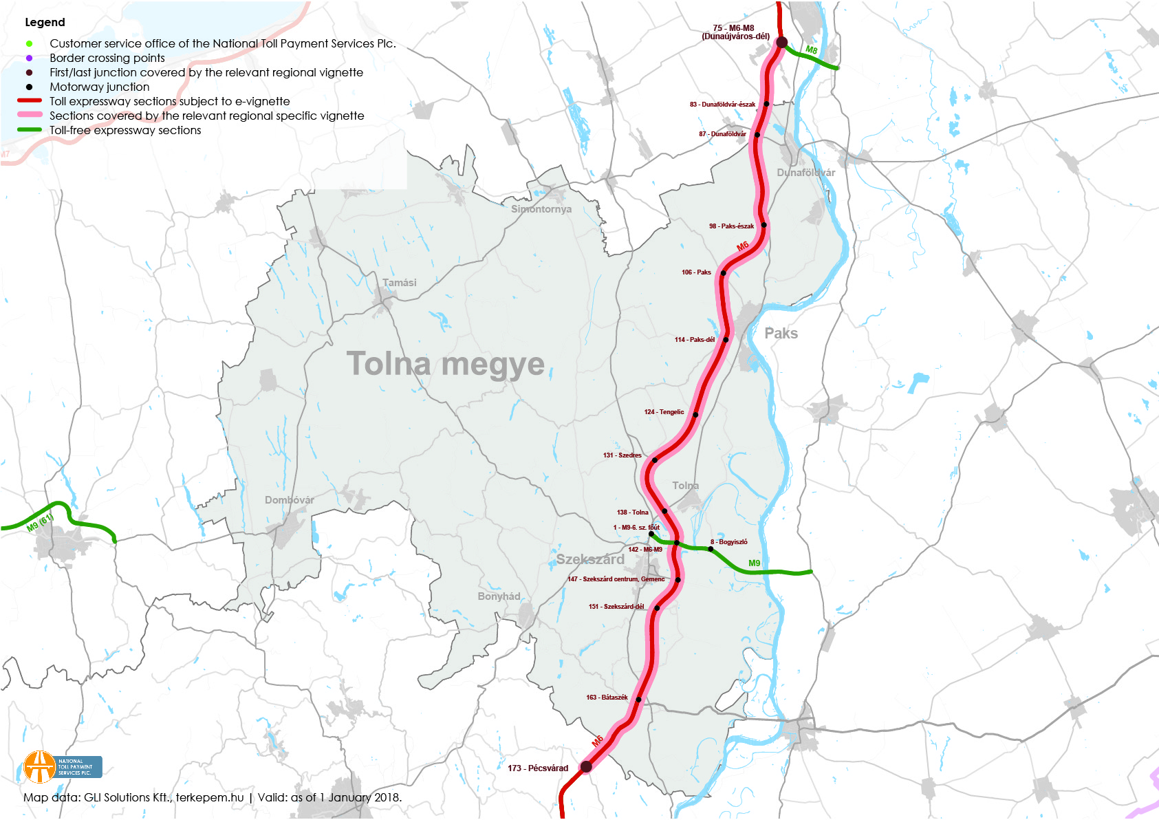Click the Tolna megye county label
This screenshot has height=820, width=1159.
[x=445, y=364]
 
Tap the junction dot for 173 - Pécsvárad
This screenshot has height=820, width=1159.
[x=586, y=766]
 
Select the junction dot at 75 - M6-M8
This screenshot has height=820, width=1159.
[x=781, y=43]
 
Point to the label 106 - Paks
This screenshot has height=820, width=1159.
[x=696, y=272]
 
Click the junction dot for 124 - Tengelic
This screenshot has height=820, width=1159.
[x=695, y=415]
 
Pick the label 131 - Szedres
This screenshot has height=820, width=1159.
[x=622, y=455]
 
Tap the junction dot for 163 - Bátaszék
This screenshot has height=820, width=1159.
[x=638, y=700]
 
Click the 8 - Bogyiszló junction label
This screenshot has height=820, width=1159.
[x=729, y=542]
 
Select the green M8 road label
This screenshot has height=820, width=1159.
[x=812, y=50]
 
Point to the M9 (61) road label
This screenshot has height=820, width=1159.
[x=40, y=523]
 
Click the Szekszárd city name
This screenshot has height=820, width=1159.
[x=590, y=559]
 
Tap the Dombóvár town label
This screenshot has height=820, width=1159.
[x=289, y=500]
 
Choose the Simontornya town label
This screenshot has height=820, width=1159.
[x=541, y=209]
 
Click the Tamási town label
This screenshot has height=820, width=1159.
[x=400, y=283]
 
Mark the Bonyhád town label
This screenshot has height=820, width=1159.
[x=499, y=596]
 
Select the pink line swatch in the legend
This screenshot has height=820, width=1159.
[x=29, y=115]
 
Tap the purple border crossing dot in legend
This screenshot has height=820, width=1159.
[x=29, y=58]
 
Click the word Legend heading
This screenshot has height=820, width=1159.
[x=45, y=22]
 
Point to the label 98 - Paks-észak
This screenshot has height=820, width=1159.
[x=731, y=226]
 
